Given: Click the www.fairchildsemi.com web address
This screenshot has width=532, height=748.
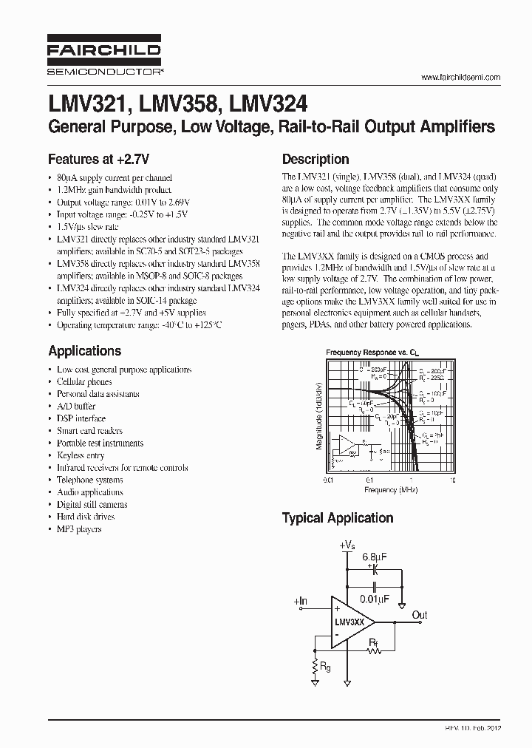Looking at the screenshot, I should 460,77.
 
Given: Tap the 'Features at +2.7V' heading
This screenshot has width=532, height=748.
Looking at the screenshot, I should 98,158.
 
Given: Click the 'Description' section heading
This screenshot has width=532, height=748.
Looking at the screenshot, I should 316,159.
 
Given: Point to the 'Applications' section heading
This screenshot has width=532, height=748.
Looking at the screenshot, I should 84,351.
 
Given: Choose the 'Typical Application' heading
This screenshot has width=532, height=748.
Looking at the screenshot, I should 337,518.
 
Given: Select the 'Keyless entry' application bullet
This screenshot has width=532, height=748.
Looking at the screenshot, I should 81,455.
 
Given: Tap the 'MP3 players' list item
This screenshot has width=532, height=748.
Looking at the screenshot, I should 79,529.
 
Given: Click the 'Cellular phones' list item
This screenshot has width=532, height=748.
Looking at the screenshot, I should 84,382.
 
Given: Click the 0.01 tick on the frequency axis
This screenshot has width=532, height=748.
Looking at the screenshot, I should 329,479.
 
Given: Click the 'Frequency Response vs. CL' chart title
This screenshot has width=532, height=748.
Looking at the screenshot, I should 367,353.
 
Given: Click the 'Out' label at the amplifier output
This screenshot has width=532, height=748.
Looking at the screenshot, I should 420,615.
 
